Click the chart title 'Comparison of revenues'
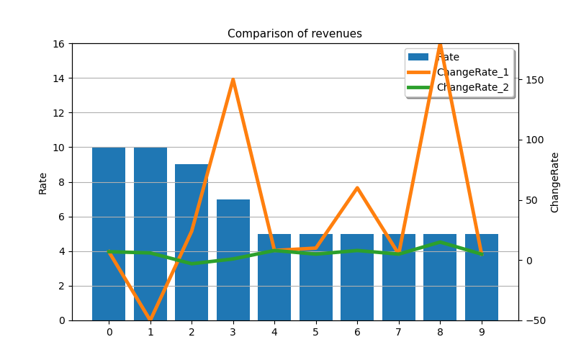pyautogui.click(x=294, y=33)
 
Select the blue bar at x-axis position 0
pyautogui.click(x=109, y=234)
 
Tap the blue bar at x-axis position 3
pyautogui.click(x=233, y=260)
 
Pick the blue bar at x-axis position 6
pyautogui.click(x=357, y=277)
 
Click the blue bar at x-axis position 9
pyautogui.click(x=482, y=277)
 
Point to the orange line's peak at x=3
pyautogui.click(x=233, y=79)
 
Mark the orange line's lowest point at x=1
pyautogui.click(x=150, y=320)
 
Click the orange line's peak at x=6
pyautogui.click(x=357, y=188)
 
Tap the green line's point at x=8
pyautogui.click(x=440, y=242)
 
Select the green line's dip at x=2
pyautogui.click(x=192, y=264)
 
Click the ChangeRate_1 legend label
pyautogui.click(x=473, y=73)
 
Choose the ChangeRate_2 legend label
pyautogui.click(x=473, y=87)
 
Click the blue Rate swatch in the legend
pyautogui.click(x=418, y=57)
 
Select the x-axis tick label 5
pyautogui.click(x=315, y=333)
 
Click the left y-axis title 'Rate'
pyautogui.click(x=42, y=184)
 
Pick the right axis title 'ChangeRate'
pyautogui.click(x=554, y=183)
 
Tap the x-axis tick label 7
pyautogui.click(x=399, y=333)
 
